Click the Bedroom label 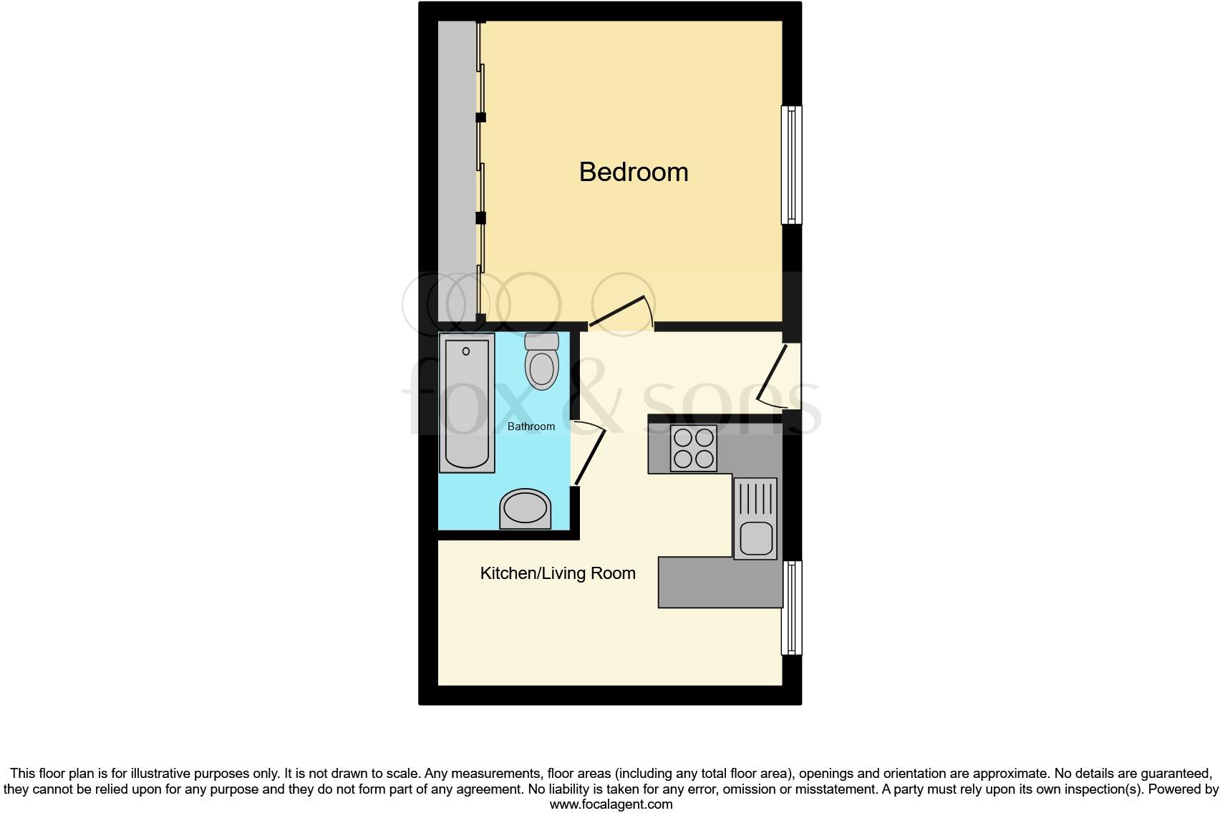point(633,172)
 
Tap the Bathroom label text point(531,427)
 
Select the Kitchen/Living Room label point(557,573)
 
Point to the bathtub point(467,404)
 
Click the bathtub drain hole point(466,351)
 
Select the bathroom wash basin point(525,509)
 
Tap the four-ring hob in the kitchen point(693,448)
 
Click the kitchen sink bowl point(755,538)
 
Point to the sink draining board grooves point(755,499)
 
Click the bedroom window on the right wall point(791,165)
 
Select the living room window point(791,607)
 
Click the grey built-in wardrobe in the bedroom point(457,172)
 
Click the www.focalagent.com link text point(610,804)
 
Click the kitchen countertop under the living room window point(720,583)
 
